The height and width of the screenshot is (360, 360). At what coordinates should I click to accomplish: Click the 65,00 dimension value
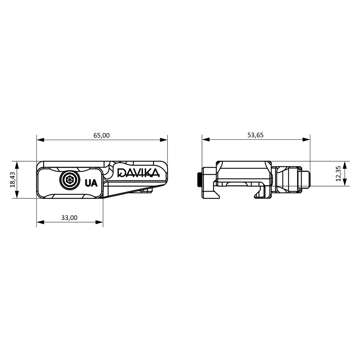[x=102, y=135]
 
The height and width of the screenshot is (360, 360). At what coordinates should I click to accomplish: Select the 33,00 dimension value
[x=69, y=218]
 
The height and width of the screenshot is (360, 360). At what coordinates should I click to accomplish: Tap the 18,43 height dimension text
[x=13, y=180]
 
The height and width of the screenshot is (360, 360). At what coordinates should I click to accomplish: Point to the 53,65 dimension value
[x=255, y=135]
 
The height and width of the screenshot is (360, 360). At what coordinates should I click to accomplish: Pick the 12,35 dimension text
[x=338, y=174]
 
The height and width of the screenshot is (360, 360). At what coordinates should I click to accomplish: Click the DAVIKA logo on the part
[x=139, y=173]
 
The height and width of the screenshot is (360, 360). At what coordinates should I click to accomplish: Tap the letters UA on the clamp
[x=91, y=183]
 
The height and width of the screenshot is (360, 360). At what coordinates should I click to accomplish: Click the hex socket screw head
[x=69, y=180]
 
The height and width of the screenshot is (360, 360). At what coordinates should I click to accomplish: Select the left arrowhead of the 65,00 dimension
[x=40, y=140]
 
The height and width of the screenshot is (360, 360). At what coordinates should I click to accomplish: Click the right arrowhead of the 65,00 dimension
[x=164, y=140]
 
